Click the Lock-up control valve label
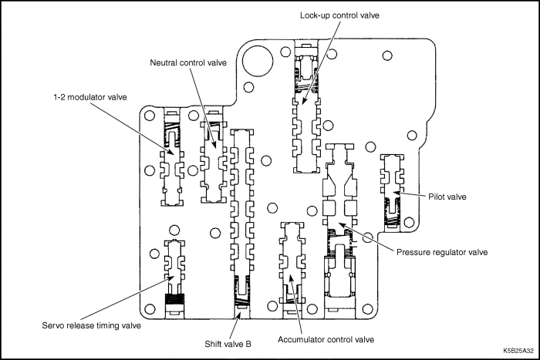(339, 15)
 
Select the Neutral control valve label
(188, 62)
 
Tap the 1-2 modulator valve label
(90, 97)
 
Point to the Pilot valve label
(447, 197)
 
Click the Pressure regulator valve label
(442, 252)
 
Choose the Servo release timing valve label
(91, 325)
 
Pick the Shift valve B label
(228, 344)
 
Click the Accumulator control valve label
(326, 340)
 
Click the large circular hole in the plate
(258, 62)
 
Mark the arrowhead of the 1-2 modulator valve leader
(171, 152)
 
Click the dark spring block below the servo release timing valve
(175, 298)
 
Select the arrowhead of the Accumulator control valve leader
(290, 278)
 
